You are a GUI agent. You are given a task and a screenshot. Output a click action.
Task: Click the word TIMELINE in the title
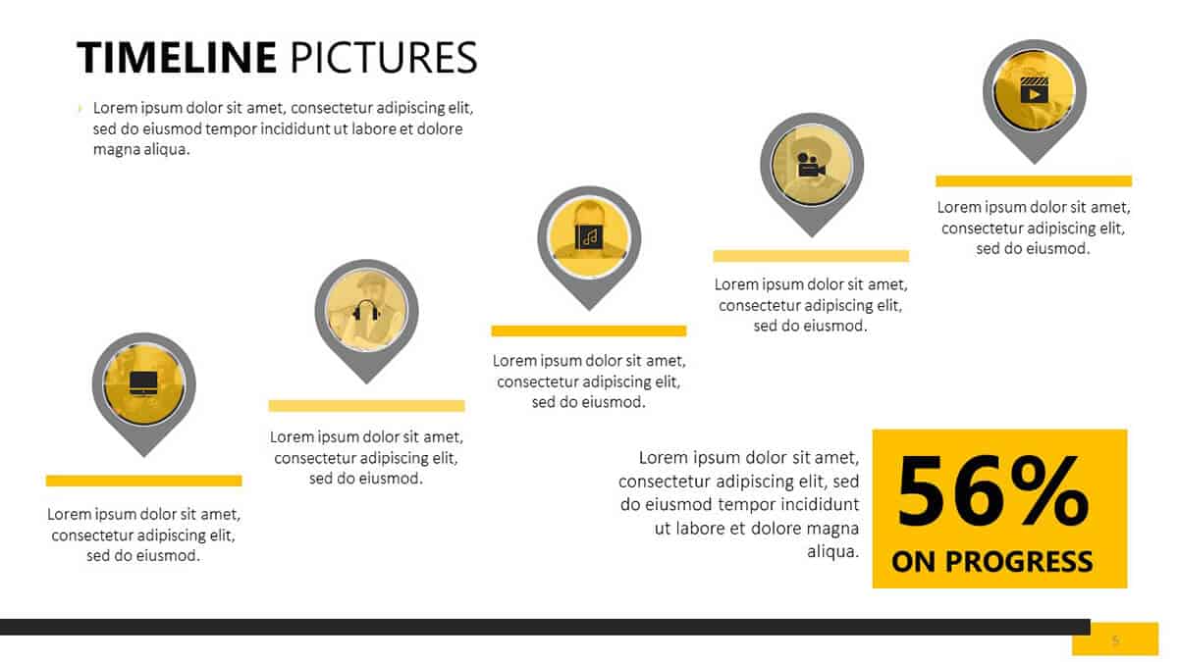[x=177, y=57]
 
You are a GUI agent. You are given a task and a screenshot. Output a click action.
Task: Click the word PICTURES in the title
[x=384, y=57]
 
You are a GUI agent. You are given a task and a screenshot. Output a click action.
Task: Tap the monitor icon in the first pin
[x=143, y=383]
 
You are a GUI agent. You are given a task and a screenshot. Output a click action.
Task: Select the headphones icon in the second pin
[x=366, y=310]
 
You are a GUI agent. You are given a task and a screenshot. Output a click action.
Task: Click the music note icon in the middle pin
[x=589, y=237]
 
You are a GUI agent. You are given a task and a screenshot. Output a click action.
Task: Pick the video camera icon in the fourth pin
[x=811, y=165]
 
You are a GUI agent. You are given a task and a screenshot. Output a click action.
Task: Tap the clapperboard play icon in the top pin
[x=1034, y=90]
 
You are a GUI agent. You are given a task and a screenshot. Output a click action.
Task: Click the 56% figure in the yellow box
[x=992, y=491]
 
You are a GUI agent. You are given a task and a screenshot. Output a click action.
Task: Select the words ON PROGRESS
[x=991, y=561]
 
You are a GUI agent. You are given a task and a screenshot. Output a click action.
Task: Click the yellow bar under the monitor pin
[x=143, y=481]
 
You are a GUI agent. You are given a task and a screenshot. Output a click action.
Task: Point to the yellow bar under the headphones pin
[x=366, y=406]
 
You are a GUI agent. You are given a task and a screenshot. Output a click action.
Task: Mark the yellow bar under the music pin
[x=589, y=331]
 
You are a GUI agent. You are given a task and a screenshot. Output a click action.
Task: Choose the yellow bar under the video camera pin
[x=811, y=256]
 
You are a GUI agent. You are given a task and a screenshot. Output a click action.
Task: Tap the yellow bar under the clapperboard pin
[x=1034, y=181]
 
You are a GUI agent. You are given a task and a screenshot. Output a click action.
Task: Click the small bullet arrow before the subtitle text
[x=80, y=108]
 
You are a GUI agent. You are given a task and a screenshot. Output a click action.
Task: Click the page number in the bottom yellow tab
[x=1115, y=639]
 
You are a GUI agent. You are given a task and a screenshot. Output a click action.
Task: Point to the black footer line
[x=545, y=627]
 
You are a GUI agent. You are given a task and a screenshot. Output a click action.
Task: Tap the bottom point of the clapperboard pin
[x=1034, y=164]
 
